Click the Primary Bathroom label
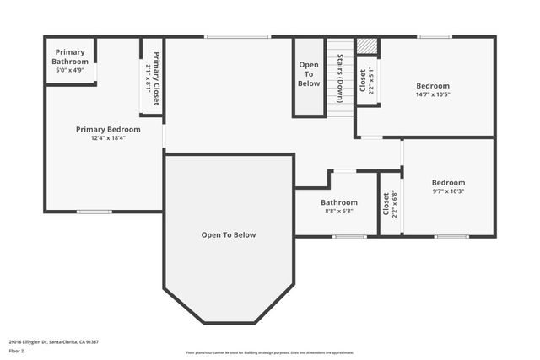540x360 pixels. click(x=70, y=56)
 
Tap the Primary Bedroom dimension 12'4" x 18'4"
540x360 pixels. click(x=108, y=138)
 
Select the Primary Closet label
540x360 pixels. click(x=157, y=78)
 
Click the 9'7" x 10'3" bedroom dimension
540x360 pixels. click(x=448, y=191)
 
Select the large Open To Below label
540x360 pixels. click(x=228, y=235)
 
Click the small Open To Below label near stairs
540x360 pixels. click(x=309, y=74)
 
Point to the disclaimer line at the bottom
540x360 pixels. click(x=270, y=352)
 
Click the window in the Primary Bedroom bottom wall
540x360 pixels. click(x=94, y=211)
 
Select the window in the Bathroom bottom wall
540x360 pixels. click(x=348, y=236)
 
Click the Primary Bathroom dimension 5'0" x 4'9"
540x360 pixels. click(x=70, y=69)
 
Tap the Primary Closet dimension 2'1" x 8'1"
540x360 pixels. click(x=148, y=78)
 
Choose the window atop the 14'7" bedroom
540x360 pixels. click(x=435, y=36)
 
